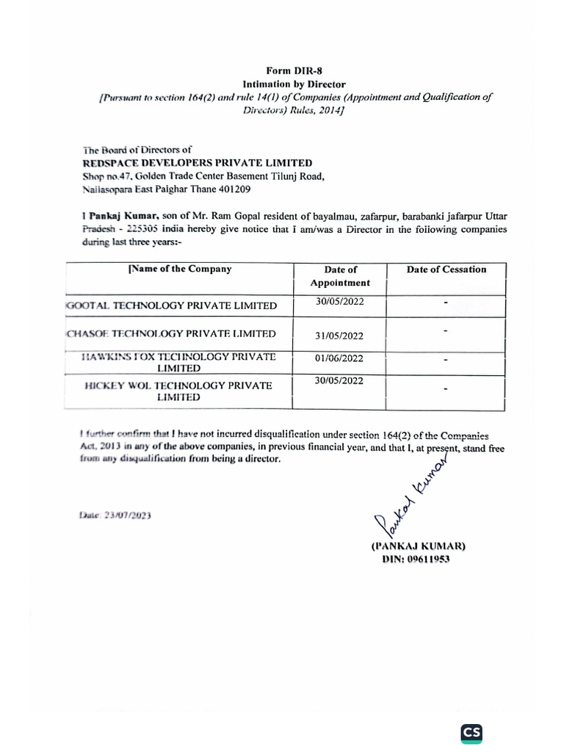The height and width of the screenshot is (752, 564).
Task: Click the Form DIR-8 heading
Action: [294, 71]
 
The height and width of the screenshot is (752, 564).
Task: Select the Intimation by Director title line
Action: [294, 84]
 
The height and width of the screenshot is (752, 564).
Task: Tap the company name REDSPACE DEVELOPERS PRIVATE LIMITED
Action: [197, 163]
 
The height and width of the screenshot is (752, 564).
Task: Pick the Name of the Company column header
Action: [180, 269]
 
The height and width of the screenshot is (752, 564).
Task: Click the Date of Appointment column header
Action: [339, 275]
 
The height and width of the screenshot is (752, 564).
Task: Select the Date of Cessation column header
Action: [446, 270]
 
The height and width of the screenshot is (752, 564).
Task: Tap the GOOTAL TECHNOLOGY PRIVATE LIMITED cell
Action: [172, 305]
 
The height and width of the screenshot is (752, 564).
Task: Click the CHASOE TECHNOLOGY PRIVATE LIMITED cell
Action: [171, 333]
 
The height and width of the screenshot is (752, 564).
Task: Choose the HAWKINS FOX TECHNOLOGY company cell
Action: [179, 362]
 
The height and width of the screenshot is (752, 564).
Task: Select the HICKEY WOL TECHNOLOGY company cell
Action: [178, 391]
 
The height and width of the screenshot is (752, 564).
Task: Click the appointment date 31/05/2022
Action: [339, 336]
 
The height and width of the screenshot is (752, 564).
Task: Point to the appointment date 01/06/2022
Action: [339, 358]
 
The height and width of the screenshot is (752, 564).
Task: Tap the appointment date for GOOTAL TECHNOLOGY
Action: [339, 301]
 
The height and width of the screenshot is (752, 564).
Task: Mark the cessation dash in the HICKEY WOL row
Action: [446, 389]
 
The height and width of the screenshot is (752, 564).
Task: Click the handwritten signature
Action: [411, 497]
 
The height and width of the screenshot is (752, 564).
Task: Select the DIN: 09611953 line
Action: [416, 559]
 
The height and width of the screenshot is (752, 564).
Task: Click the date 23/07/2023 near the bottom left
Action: [115, 516]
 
